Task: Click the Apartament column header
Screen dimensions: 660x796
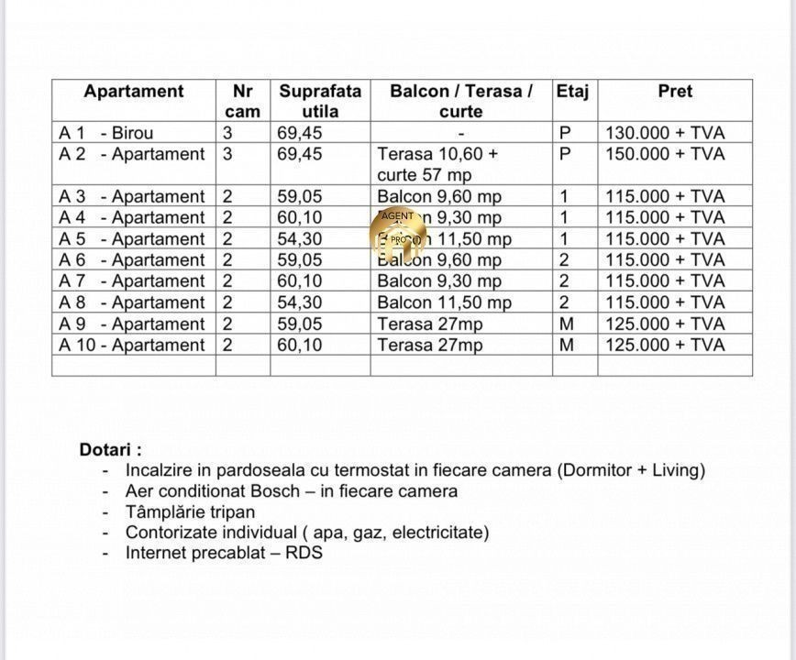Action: pyautogui.click(x=133, y=92)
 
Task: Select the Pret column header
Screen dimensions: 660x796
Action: pyautogui.click(x=675, y=92)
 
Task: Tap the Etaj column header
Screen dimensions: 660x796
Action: pyautogui.click(x=572, y=92)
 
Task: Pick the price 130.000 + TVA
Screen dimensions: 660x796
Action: pyautogui.click(x=665, y=133)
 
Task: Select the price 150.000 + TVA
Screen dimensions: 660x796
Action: pyautogui.click(x=665, y=154)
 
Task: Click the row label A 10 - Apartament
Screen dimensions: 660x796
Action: pyautogui.click(x=132, y=346)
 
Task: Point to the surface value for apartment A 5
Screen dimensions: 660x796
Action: pyautogui.click(x=300, y=239)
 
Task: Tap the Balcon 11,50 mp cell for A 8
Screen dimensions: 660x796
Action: pyautogui.click(x=444, y=302)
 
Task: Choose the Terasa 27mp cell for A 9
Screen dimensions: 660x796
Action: pyautogui.click(x=429, y=324)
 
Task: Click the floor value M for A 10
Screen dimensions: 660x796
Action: pyautogui.click(x=566, y=346)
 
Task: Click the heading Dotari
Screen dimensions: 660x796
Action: pyautogui.click(x=110, y=450)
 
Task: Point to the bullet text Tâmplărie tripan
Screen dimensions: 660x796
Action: pyautogui.click(x=190, y=511)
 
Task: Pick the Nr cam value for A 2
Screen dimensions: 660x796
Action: pyautogui.click(x=227, y=154)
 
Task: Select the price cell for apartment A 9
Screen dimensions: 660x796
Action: pyautogui.click(x=665, y=324)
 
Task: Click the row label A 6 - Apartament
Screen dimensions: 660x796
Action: pyautogui.click(x=132, y=260)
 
